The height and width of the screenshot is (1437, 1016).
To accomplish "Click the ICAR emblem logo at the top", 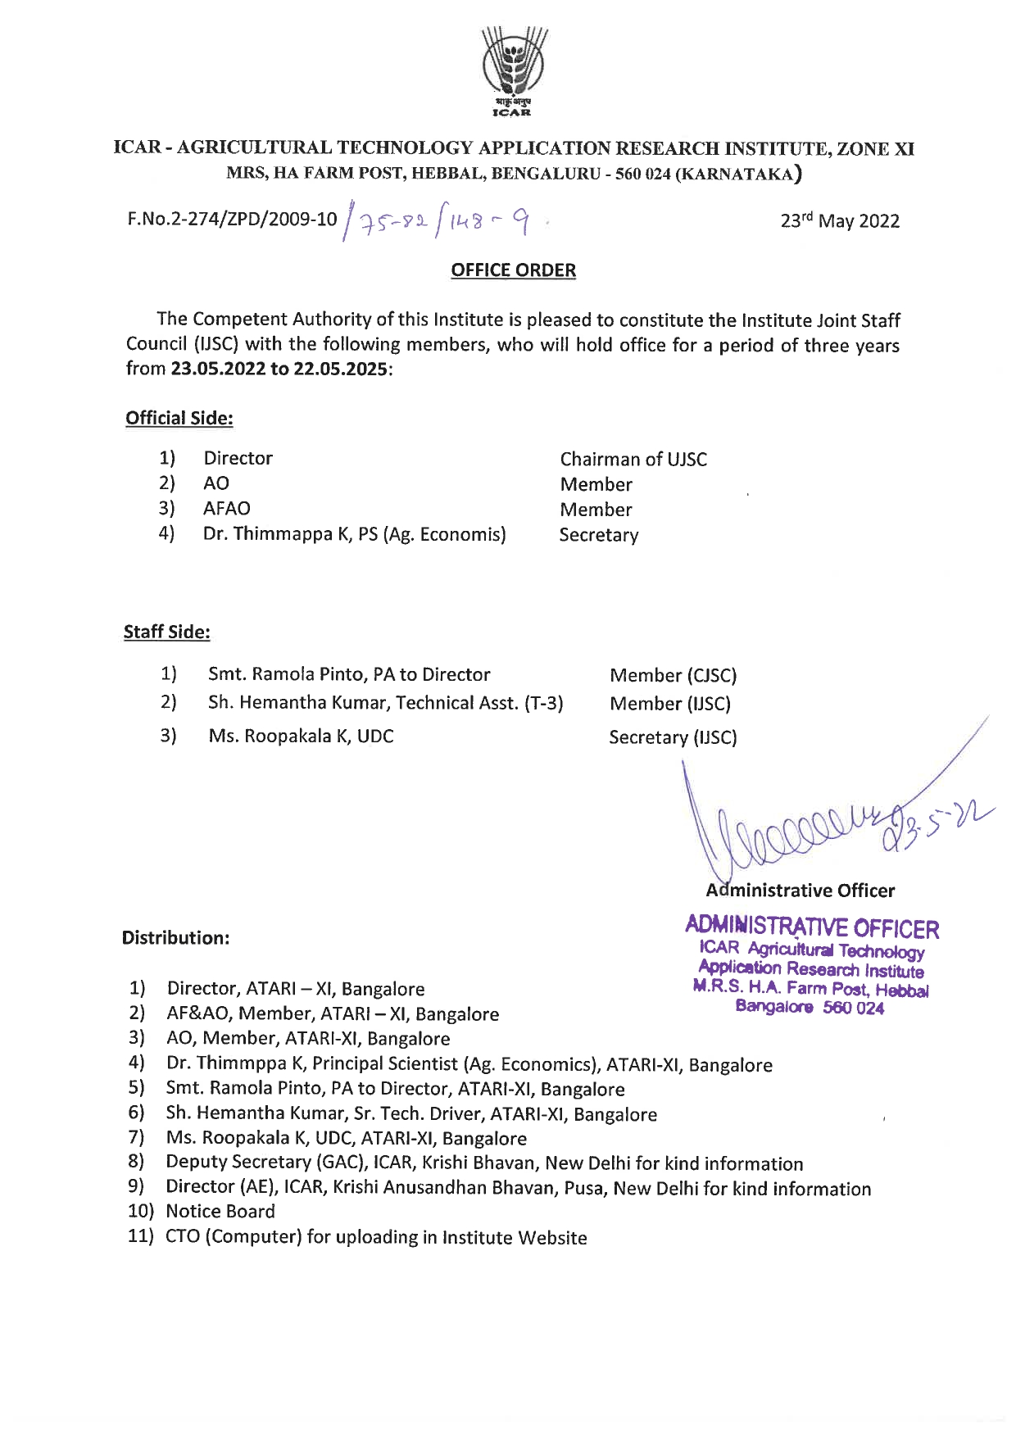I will click(513, 69).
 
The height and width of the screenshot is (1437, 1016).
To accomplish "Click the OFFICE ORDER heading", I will click(513, 270).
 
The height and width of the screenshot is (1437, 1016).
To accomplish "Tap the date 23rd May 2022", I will click(839, 221).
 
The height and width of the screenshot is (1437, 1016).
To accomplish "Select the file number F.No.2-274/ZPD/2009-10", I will click(232, 220).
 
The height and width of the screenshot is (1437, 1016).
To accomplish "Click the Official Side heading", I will click(179, 418).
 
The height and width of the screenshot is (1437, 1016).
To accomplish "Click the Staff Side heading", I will click(166, 632).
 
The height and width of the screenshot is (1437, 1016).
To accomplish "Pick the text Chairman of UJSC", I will click(633, 459).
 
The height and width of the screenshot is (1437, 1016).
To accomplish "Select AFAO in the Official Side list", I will click(226, 509).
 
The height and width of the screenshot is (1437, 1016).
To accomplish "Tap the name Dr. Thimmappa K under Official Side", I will click(279, 534).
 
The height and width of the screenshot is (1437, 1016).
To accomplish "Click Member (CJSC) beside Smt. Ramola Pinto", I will click(673, 675).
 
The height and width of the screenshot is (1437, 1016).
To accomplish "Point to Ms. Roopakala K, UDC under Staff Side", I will click(301, 736).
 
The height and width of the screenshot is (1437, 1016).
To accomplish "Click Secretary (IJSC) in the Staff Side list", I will click(673, 737).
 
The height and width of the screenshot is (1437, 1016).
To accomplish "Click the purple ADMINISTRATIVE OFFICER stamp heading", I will click(811, 928).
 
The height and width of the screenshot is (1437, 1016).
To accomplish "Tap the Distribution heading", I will click(175, 938).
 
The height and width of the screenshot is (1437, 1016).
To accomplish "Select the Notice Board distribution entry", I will click(220, 1211).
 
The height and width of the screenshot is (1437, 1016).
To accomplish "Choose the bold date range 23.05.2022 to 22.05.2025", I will click(279, 369).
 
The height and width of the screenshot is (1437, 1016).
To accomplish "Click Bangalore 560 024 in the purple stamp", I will click(810, 1008).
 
